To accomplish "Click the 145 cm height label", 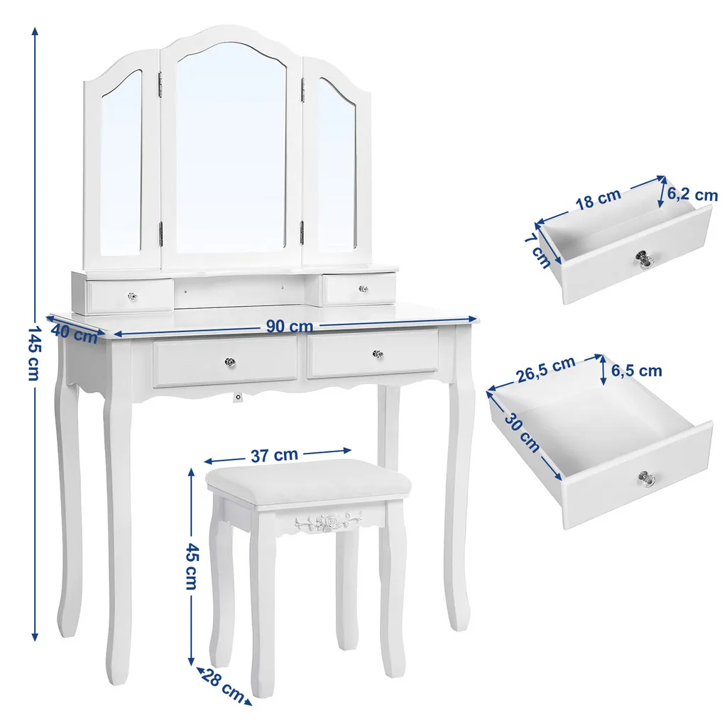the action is [x=34, y=353].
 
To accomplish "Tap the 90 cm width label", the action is [x=290, y=327].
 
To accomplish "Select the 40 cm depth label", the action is [x=74, y=334].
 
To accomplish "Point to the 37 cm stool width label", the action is [x=274, y=455].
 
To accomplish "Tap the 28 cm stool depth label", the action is [x=222, y=686].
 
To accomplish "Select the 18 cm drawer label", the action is [x=598, y=199].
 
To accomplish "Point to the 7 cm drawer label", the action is [x=538, y=251].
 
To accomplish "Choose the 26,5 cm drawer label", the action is [x=546, y=369].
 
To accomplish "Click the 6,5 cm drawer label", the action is [x=636, y=371].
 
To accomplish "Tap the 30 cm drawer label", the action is [x=523, y=433].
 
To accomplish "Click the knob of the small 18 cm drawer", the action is [x=643, y=258].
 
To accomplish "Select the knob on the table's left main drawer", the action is [x=230, y=361].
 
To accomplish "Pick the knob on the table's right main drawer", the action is [x=378, y=355].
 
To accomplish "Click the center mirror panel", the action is [x=231, y=148].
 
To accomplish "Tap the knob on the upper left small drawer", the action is [x=132, y=296].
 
